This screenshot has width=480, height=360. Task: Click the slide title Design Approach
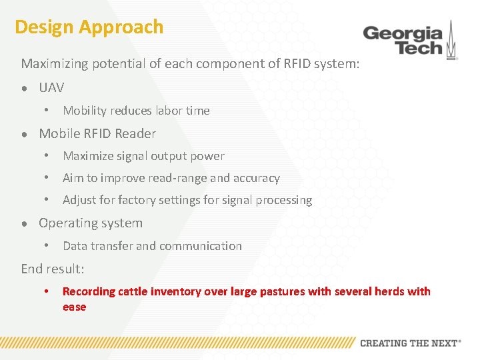(89, 27)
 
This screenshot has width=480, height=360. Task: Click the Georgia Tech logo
(409, 40)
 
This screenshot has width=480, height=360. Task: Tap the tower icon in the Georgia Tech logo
(451, 40)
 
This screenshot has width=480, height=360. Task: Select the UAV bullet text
(51, 87)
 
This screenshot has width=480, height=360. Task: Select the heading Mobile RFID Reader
(97, 133)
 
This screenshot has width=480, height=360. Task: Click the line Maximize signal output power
(143, 156)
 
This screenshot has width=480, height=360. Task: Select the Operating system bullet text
(91, 223)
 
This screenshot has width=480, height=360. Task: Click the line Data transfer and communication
(152, 246)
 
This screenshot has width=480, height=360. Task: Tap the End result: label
(53, 269)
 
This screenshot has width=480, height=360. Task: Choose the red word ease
(74, 307)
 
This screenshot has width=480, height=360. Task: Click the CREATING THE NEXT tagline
(410, 343)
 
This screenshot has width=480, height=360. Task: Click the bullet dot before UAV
(24, 89)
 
